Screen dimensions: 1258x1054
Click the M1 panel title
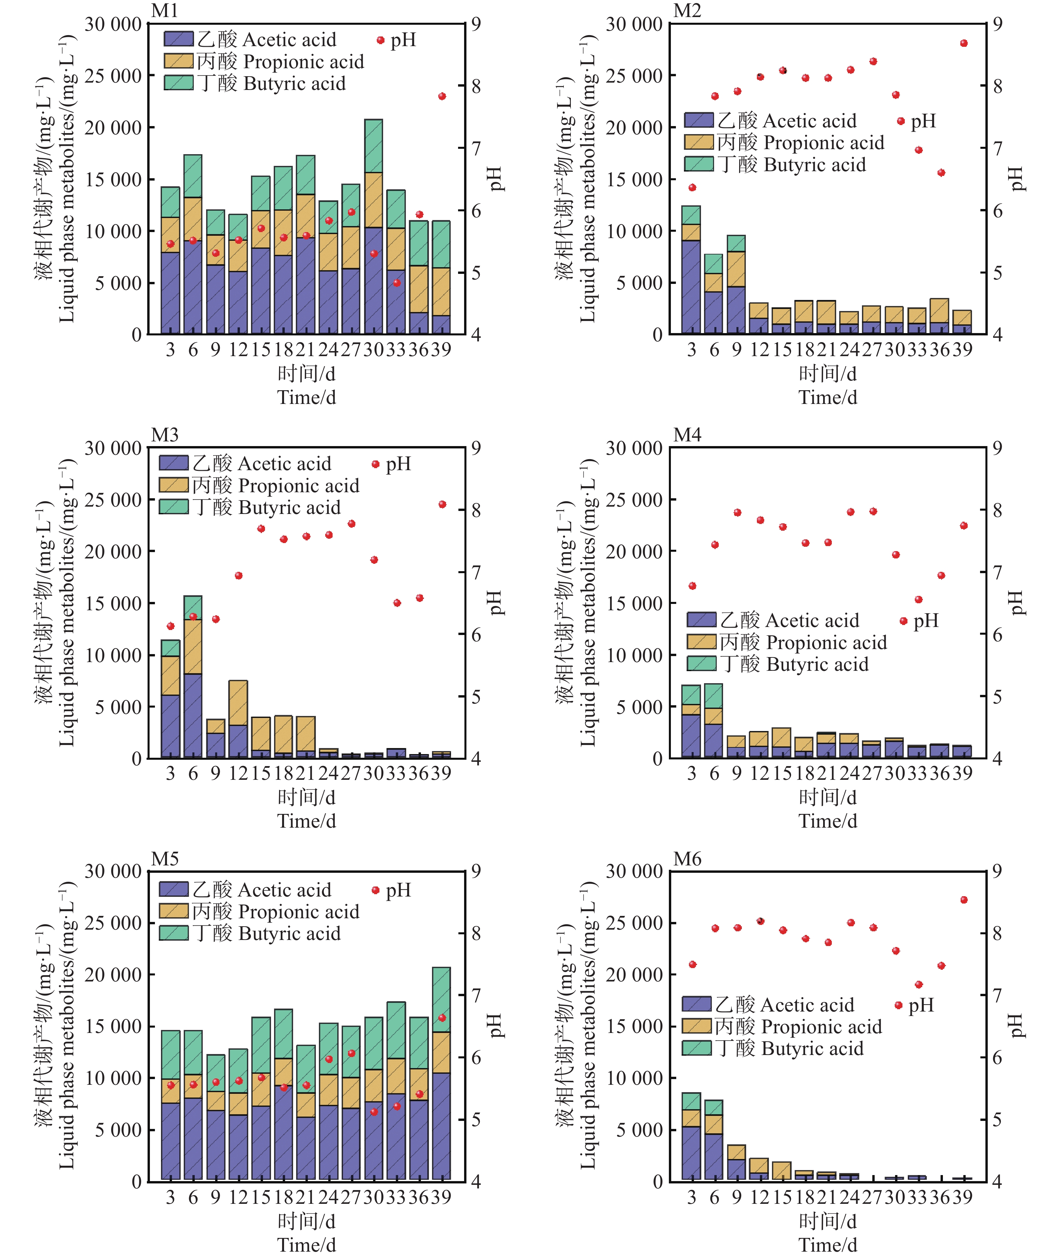(165, 11)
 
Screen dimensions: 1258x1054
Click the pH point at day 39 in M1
(442, 96)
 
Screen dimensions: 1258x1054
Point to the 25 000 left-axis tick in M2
(634, 76)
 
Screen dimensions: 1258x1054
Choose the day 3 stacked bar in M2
(691, 270)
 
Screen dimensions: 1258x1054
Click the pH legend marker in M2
(900, 121)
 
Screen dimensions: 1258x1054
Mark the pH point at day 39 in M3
(442, 504)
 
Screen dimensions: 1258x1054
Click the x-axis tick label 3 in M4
(692, 774)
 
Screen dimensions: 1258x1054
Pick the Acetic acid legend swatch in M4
(701, 620)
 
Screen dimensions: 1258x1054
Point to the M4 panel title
(687, 435)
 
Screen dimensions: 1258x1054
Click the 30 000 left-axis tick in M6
(634, 872)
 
